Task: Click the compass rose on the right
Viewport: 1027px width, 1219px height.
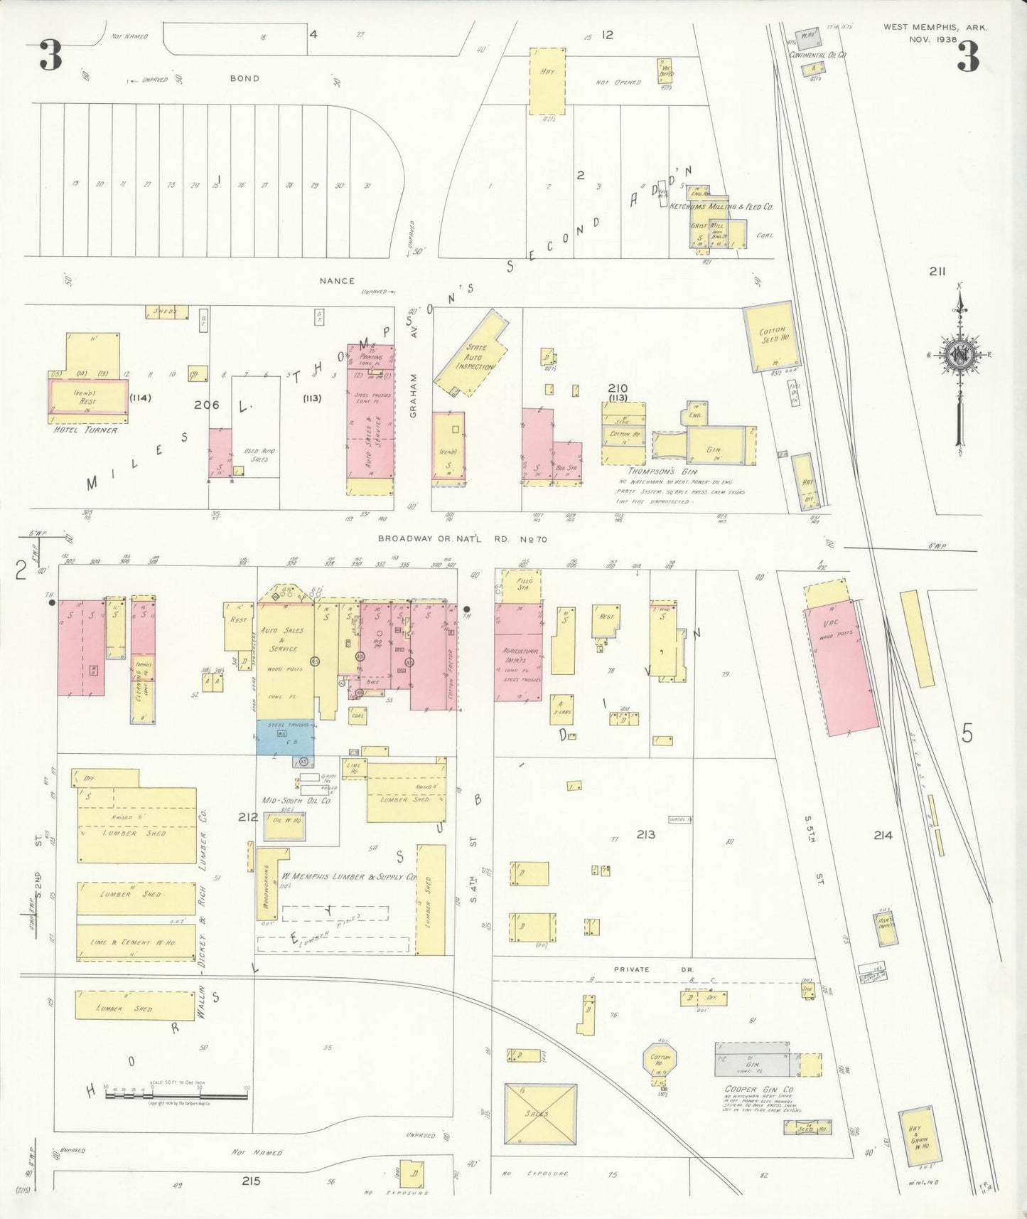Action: pyautogui.click(x=959, y=356)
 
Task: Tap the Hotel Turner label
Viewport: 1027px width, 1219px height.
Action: pyautogui.click(x=85, y=430)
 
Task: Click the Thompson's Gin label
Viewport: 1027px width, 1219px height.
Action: pyautogui.click(x=662, y=471)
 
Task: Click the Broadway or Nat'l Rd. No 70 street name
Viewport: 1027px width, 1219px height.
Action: pyautogui.click(x=463, y=539)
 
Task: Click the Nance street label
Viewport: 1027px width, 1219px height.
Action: pyautogui.click(x=337, y=281)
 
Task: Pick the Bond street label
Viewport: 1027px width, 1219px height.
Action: pyautogui.click(x=244, y=78)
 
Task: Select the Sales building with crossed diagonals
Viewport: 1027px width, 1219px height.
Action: pyautogui.click(x=539, y=1114)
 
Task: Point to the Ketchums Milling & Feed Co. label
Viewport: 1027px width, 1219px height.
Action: pyautogui.click(x=721, y=206)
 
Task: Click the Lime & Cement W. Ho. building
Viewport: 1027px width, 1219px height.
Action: pyautogui.click(x=136, y=942)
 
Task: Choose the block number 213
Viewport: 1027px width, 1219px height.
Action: pyautogui.click(x=646, y=834)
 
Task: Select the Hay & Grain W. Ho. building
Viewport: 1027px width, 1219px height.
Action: pyautogui.click(x=916, y=1138)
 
